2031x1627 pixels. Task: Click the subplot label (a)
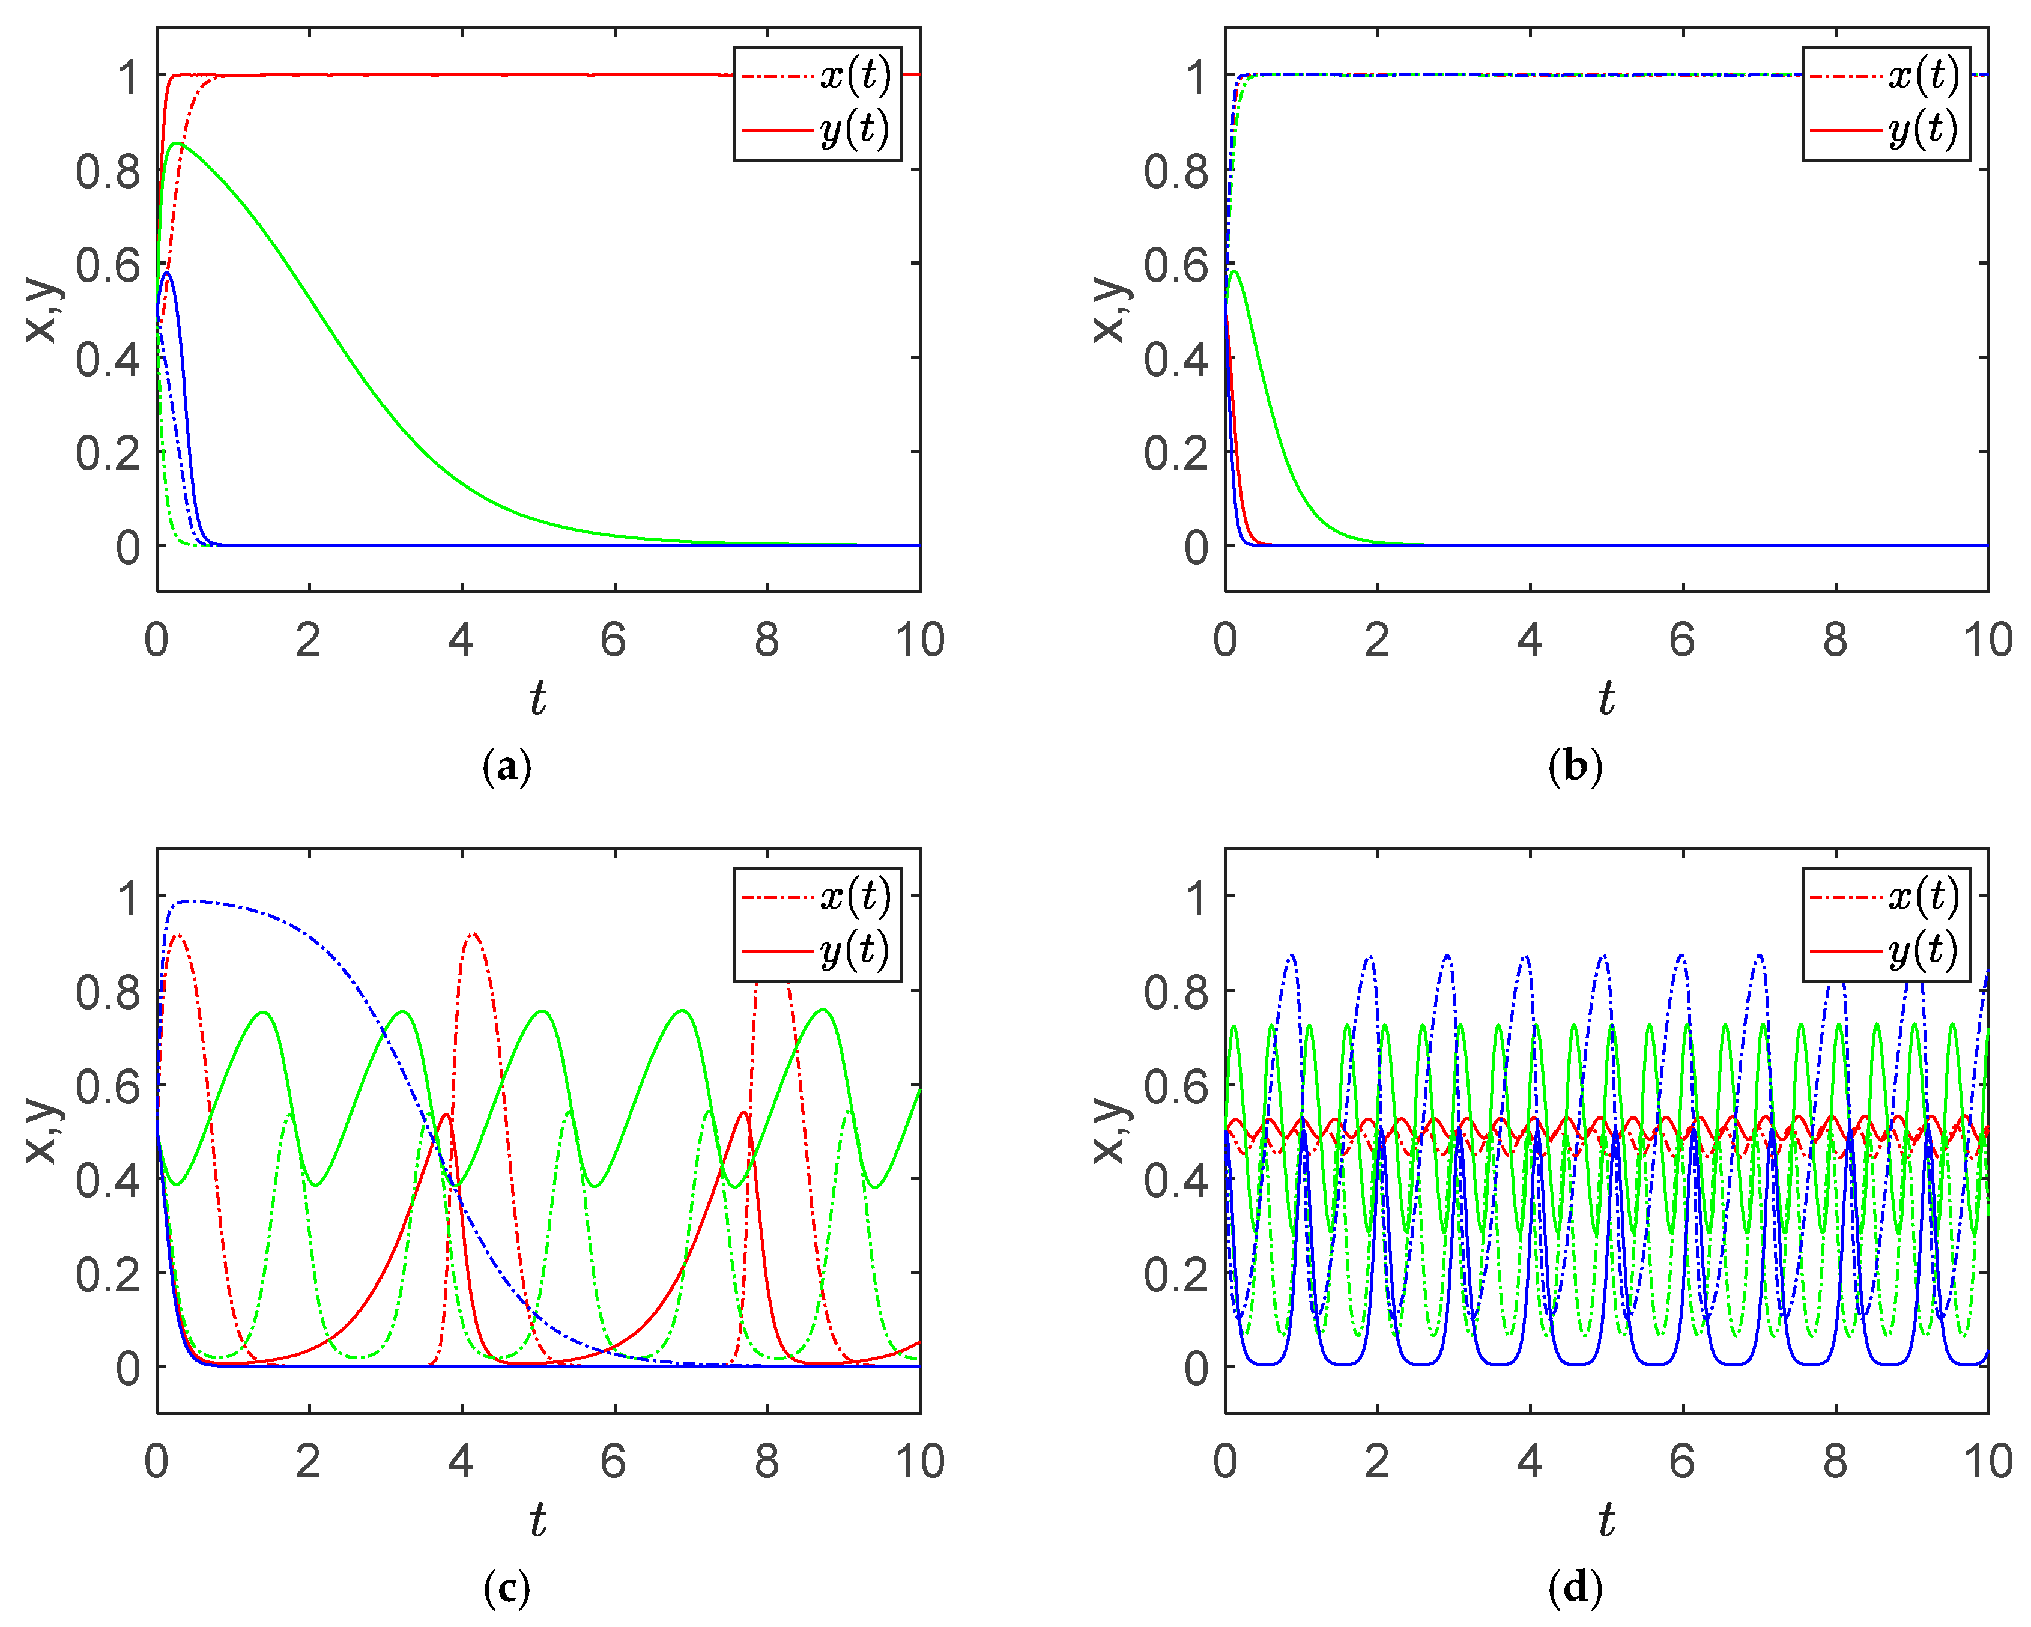(507, 767)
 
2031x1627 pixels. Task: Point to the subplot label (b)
(1575, 767)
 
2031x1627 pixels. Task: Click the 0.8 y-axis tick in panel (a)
(107, 172)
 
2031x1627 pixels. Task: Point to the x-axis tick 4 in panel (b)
(1529, 641)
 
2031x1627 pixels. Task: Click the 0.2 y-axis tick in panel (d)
(1176, 1274)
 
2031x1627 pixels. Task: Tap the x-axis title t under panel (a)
(537, 699)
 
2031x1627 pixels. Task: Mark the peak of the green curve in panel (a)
(176, 143)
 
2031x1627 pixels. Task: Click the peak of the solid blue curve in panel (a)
(168, 273)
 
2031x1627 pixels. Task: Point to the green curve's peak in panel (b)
(1234, 271)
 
